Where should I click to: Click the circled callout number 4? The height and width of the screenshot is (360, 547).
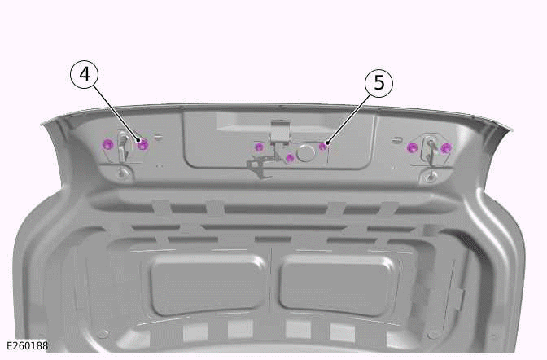pos(85,74)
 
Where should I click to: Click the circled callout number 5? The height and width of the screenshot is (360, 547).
pos(379,83)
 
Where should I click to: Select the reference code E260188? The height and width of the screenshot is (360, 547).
pos(27,345)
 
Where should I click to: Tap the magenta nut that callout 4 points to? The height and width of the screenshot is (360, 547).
pos(142,144)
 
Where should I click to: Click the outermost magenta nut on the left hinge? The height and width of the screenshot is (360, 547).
pos(108,144)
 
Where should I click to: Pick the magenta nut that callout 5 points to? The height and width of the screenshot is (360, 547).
pos(323,146)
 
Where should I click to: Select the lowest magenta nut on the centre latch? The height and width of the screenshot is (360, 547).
pos(290,159)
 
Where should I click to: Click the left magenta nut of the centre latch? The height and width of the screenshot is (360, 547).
pos(259,147)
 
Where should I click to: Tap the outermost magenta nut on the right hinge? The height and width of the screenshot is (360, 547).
pos(445,148)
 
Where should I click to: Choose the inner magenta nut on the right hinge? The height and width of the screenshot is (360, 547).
pos(412,147)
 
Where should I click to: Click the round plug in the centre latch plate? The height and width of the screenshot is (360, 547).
pos(306,153)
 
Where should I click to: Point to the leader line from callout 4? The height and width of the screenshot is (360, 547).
pos(116,112)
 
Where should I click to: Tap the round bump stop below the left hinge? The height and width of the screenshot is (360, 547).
pos(122,173)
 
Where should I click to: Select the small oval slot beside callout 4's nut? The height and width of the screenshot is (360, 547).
pos(159,138)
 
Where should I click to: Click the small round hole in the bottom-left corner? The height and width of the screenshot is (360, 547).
pos(103,333)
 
